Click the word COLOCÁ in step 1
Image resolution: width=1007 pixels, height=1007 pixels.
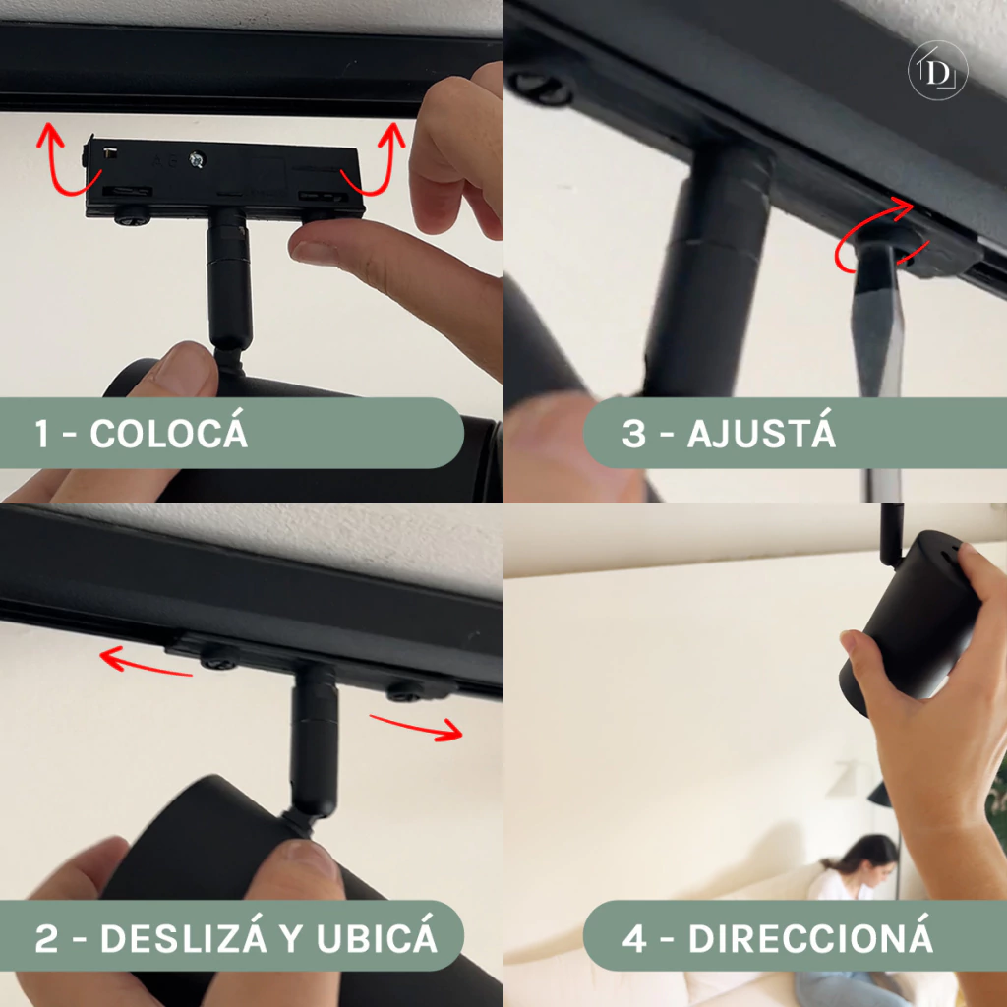tap(168, 433)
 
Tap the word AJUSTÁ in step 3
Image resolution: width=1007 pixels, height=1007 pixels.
tap(761, 433)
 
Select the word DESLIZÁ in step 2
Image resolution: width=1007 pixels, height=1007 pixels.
tap(183, 937)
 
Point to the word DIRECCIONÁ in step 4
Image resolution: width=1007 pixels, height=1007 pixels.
tap(810, 937)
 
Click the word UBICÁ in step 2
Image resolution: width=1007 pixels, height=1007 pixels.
tap(377, 937)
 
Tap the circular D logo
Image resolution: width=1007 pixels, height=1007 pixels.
tap(937, 71)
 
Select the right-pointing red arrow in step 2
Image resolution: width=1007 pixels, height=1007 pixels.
tap(417, 727)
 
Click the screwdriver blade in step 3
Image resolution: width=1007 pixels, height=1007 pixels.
tap(878, 322)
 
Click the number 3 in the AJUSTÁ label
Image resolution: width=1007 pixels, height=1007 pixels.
tap(633, 434)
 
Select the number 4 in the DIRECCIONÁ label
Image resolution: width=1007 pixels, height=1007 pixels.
tap(634, 938)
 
